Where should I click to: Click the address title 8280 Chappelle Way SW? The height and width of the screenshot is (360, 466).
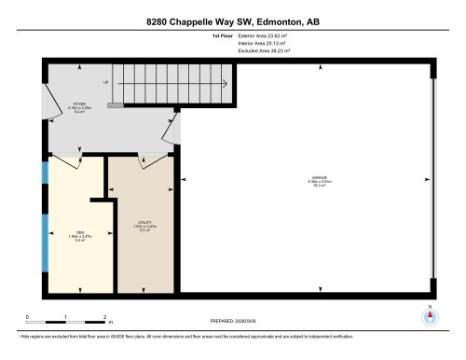(232, 21)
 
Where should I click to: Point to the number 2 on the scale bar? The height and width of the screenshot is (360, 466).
(105, 317)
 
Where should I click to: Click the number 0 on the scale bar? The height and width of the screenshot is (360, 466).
(27, 317)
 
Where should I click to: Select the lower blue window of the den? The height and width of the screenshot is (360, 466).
(45, 249)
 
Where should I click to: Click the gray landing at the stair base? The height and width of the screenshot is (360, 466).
(116, 106)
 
